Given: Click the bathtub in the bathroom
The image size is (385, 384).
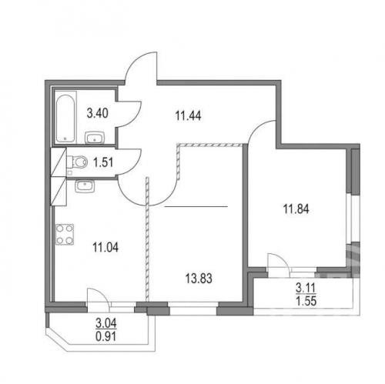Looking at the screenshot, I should pos(64,118).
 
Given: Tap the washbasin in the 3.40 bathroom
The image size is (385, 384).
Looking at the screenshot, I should pos(95,139).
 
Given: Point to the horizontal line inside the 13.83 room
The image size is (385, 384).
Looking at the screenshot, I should pos(196,207).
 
